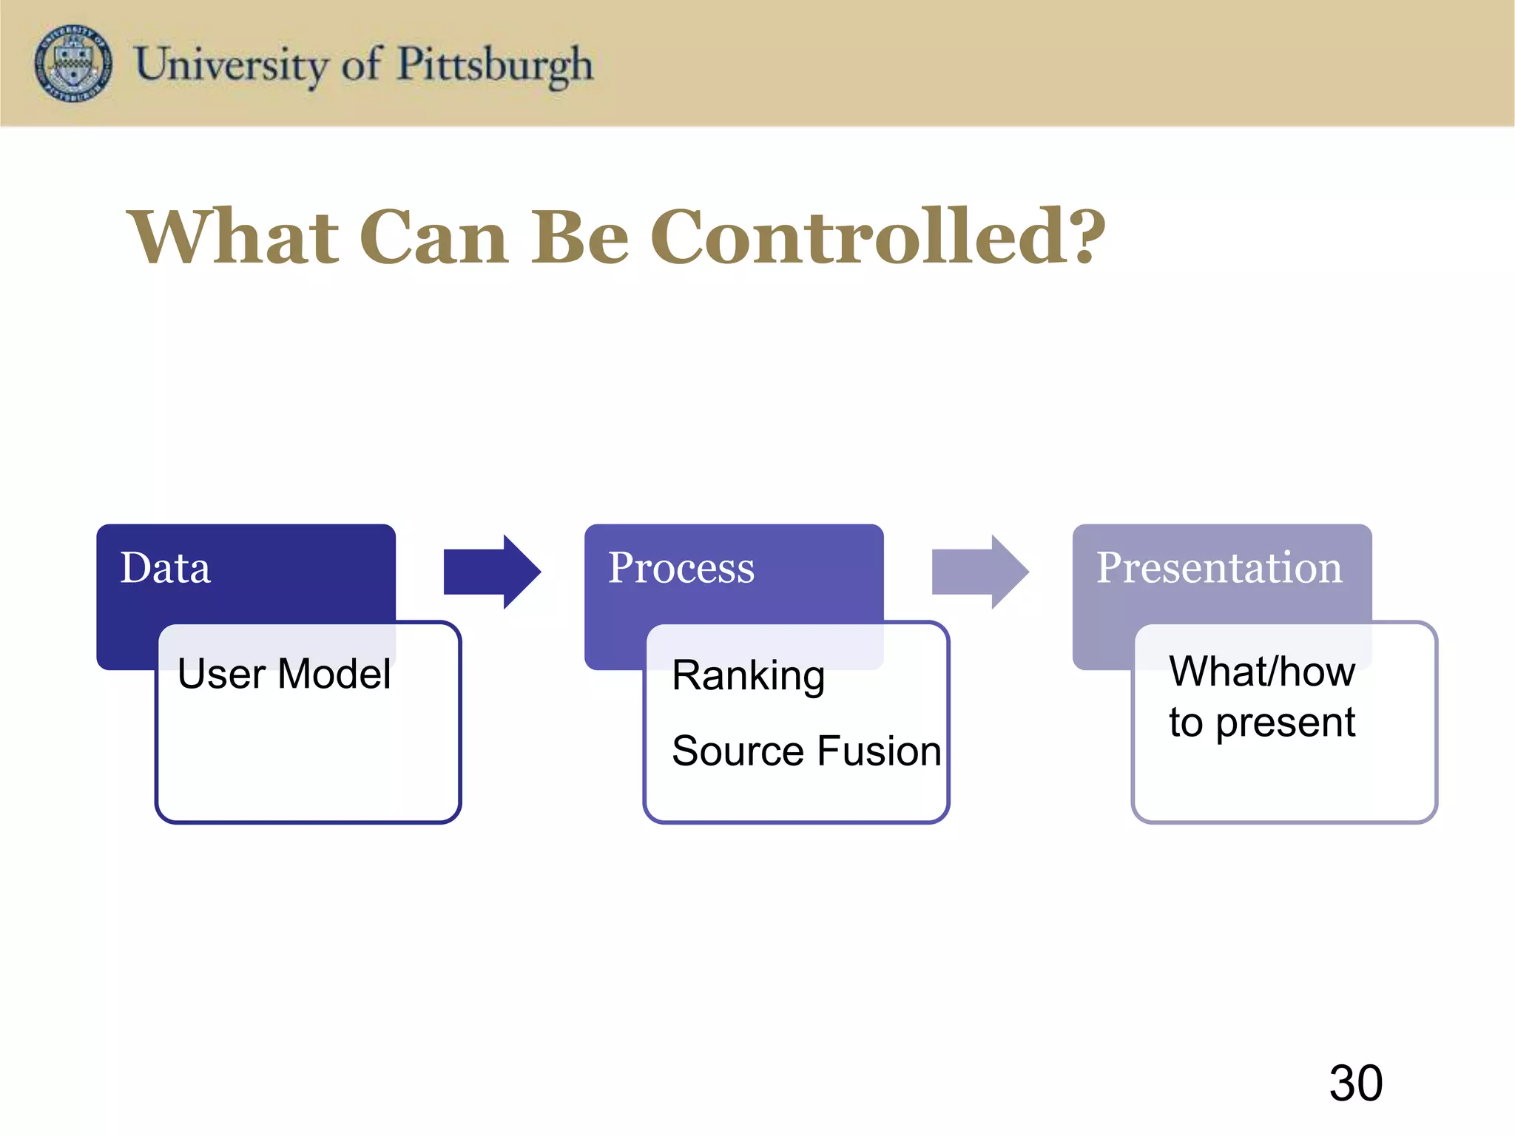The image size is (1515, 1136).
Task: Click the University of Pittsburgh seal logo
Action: coord(74,64)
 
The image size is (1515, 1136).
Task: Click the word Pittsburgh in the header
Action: coord(495,65)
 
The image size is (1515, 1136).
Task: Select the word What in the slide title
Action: coord(234,237)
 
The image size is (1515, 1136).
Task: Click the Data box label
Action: coord(165,568)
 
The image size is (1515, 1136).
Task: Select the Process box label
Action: coord(681,568)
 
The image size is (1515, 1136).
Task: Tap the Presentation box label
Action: coord(1218,568)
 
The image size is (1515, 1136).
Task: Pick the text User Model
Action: coord(284,674)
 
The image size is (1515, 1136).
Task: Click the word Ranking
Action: coord(748,676)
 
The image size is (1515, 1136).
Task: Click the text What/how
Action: coord(1262,672)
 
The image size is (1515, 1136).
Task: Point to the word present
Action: coord(1285,723)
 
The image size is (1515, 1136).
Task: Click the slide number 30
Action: coord(1355,1083)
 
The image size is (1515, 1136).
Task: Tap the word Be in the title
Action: coord(580,237)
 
